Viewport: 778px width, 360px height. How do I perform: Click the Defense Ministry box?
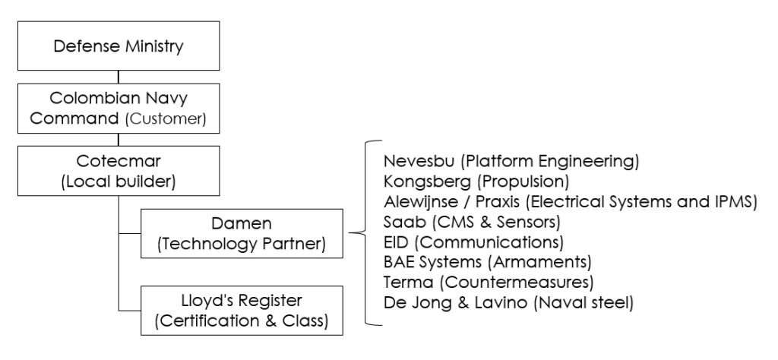pos(119,46)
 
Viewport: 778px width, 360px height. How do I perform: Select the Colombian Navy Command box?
pos(119,109)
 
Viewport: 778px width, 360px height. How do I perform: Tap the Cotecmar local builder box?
pos(119,173)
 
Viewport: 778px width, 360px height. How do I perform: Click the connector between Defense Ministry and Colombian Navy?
pos(119,77)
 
